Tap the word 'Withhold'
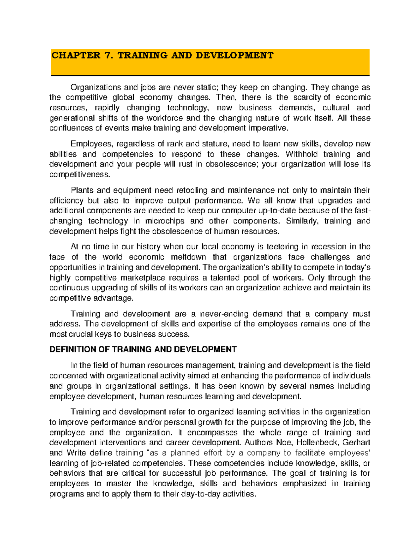pos(301,154)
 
